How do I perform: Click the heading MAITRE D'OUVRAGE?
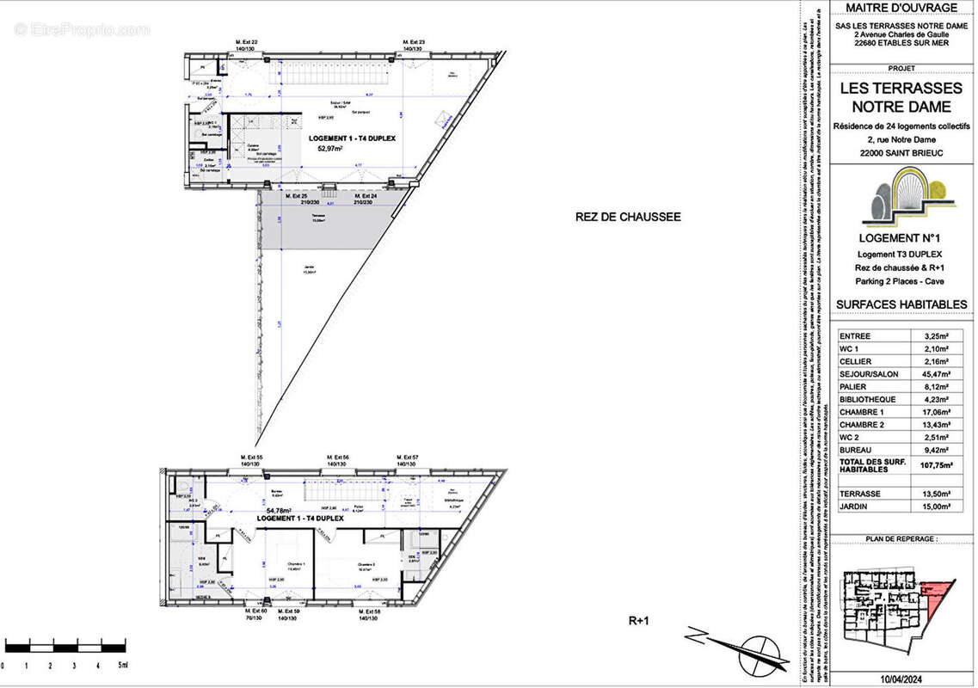point(901,8)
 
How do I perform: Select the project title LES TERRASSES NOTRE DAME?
point(901,97)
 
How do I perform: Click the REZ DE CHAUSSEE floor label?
point(628,218)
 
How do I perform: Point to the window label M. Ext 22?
point(247,42)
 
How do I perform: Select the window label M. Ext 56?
point(336,458)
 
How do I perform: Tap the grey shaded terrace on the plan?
point(327,222)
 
